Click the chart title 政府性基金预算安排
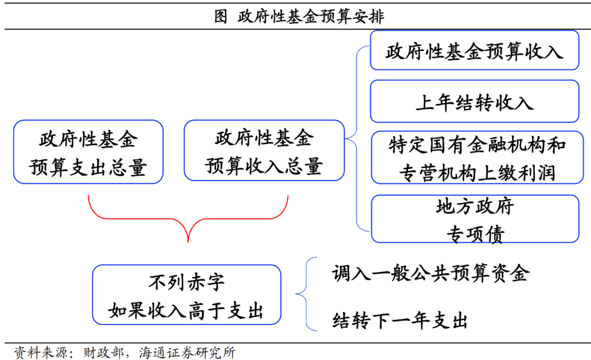(311, 17)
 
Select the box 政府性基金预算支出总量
(88, 152)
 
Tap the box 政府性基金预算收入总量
(264, 152)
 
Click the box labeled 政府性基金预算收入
(474, 51)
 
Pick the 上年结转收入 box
(474, 102)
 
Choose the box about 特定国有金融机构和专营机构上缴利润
(474, 158)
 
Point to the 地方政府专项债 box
(474, 219)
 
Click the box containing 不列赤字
(186, 295)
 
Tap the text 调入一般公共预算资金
(430, 272)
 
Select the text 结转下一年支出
(399, 321)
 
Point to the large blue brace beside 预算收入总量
(357, 137)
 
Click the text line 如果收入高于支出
(186, 311)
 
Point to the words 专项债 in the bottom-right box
(474, 234)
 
